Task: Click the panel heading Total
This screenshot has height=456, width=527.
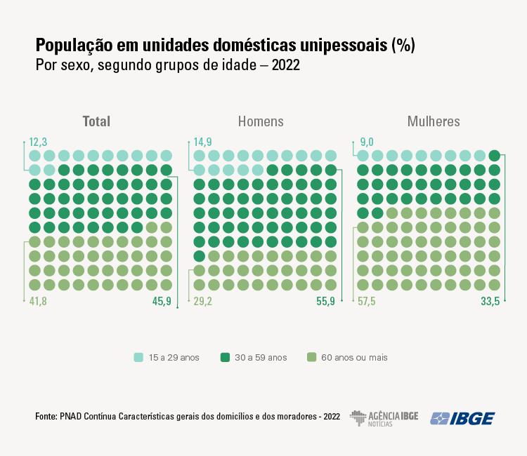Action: pyautogui.click(x=96, y=121)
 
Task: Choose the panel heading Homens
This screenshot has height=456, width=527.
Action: pyautogui.click(x=261, y=121)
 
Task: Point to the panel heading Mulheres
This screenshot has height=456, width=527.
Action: pyautogui.click(x=434, y=121)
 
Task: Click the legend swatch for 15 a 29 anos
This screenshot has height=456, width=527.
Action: pyautogui.click(x=139, y=357)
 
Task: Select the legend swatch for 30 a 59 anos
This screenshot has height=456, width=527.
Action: pyautogui.click(x=225, y=357)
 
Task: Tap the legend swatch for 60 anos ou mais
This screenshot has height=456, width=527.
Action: pyautogui.click(x=311, y=357)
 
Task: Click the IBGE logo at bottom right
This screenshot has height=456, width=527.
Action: pyautogui.click(x=462, y=418)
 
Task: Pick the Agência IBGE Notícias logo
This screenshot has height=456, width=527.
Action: pyautogui.click(x=384, y=418)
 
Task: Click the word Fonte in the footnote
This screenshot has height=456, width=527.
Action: pyautogui.click(x=46, y=416)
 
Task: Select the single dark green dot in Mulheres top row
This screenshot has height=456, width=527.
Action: pyautogui.click(x=494, y=156)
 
